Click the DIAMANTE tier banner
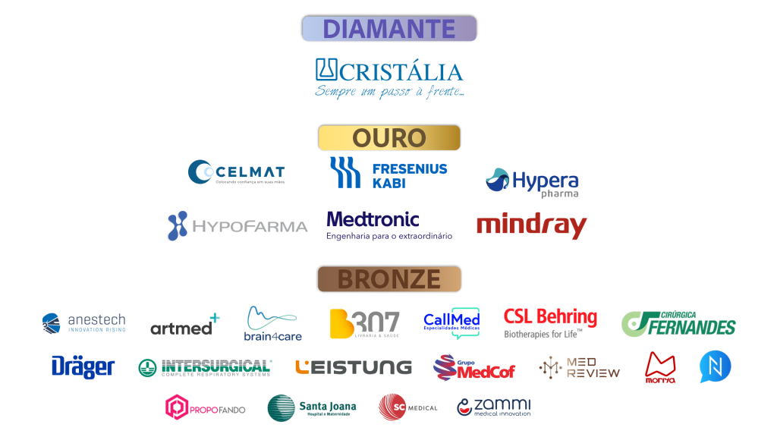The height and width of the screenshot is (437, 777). (389, 29)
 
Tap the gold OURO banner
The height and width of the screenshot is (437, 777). (389, 138)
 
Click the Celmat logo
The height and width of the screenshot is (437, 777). (236, 172)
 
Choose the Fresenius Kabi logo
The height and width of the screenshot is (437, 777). (388, 173)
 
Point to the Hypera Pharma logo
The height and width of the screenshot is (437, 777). (532, 182)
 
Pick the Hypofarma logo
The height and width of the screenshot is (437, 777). (237, 226)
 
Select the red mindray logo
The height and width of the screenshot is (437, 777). (531, 225)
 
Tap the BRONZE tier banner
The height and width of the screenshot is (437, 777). (389, 279)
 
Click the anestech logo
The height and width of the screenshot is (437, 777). (83, 323)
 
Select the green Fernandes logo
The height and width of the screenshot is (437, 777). (678, 324)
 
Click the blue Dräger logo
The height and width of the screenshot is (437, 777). (83, 367)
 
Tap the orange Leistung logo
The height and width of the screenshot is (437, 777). (353, 367)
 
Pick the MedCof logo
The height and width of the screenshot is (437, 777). (474, 368)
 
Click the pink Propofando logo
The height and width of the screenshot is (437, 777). (205, 408)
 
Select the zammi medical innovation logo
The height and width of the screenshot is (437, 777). (494, 407)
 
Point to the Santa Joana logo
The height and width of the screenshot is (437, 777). (311, 408)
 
